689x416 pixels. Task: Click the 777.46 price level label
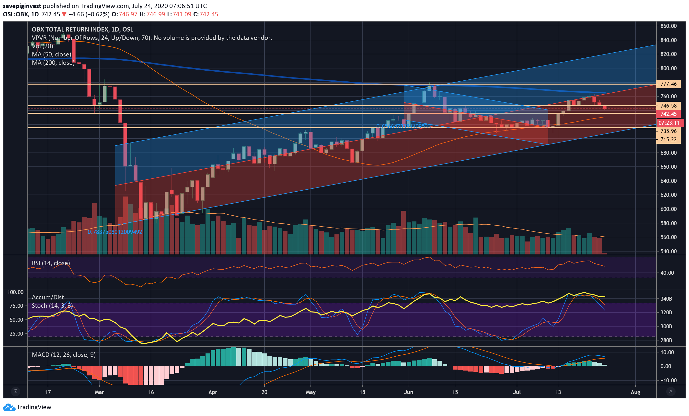pyautogui.click(x=668, y=84)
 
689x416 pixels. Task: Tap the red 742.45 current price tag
pyautogui.click(x=668, y=114)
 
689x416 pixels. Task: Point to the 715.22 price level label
pyautogui.click(x=668, y=139)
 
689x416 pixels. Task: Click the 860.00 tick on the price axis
pyautogui.click(x=668, y=26)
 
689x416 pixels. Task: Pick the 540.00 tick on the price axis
pyautogui.click(x=668, y=251)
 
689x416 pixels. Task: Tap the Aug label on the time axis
pyautogui.click(x=635, y=392)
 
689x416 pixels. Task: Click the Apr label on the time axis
pyautogui.click(x=213, y=392)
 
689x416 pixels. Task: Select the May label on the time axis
pyautogui.click(x=310, y=392)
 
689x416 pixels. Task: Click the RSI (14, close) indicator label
pyautogui.click(x=51, y=263)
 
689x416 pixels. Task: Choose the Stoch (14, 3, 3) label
pyautogui.click(x=52, y=306)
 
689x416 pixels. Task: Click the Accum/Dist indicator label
pyautogui.click(x=48, y=297)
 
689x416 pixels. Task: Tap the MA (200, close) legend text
pyautogui.click(x=53, y=63)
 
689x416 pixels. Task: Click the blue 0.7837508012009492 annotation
pyautogui.click(x=115, y=232)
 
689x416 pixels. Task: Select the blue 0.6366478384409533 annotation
pyautogui.click(x=403, y=126)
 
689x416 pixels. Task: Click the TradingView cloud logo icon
pyautogui.click(x=9, y=407)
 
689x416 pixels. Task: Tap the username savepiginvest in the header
pyautogui.click(x=22, y=6)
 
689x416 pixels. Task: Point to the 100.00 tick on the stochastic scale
pyautogui.click(x=15, y=292)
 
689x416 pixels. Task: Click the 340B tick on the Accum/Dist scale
pyautogui.click(x=666, y=299)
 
